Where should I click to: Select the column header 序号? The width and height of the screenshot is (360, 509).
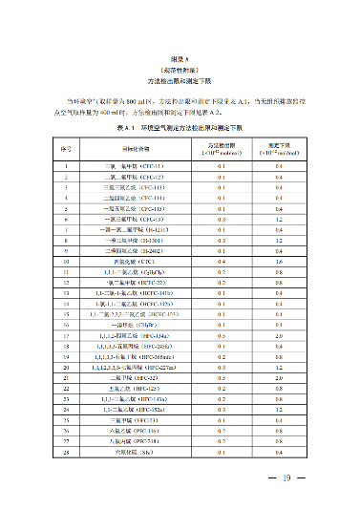tap(66, 149)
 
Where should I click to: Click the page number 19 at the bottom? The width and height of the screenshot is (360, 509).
tap(285, 479)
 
